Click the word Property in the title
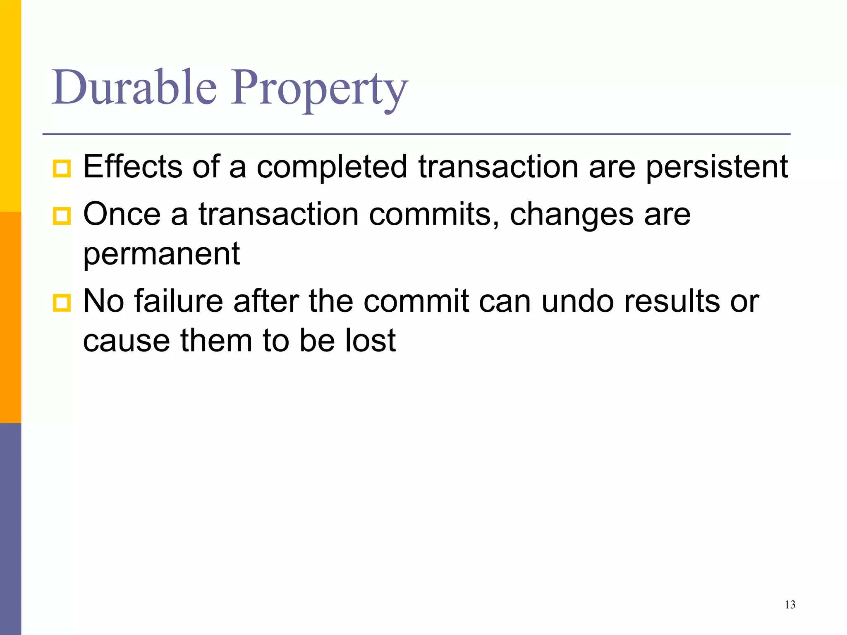pyautogui.click(x=319, y=89)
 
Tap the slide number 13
pyautogui.click(x=790, y=605)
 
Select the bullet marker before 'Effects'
pyautogui.click(x=62, y=169)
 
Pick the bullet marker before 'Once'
pyautogui.click(x=62, y=216)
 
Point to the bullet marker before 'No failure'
pyautogui.click(x=62, y=303)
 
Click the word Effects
pyautogui.click(x=133, y=167)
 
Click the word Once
pyautogui.click(x=122, y=214)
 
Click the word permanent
pyautogui.click(x=161, y=254)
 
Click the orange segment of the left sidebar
pyautogui.click(x=10, y=317)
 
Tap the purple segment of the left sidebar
pyautogui.click(x=10, y=529)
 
